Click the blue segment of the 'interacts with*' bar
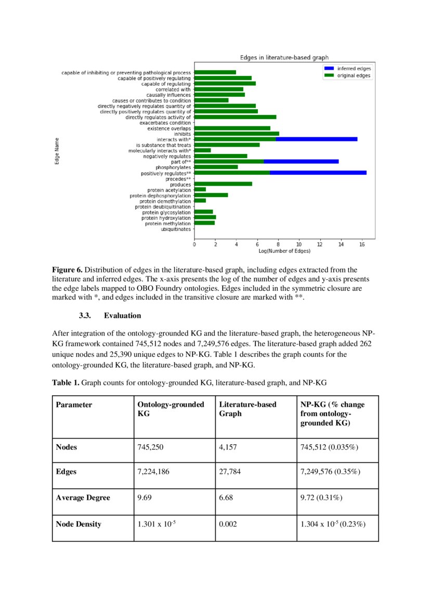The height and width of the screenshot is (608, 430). coord(316,139)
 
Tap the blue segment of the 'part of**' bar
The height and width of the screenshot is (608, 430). coord(301,162)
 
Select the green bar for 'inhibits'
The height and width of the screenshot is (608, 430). coord(237,134)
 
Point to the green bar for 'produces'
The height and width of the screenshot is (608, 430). coord(223,184)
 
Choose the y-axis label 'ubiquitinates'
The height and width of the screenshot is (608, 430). coord(176,229)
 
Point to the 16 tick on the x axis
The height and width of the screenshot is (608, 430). coord(362,244)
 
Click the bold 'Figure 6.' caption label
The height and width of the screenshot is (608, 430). coord(67,270)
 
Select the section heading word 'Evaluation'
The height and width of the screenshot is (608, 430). coord(122,316)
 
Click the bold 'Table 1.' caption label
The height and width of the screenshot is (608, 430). coord(66,382)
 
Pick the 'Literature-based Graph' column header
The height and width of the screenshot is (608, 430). coord(247,409)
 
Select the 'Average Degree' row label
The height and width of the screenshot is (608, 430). coord(83,498)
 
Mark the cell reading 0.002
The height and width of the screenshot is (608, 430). coord(228,524)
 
